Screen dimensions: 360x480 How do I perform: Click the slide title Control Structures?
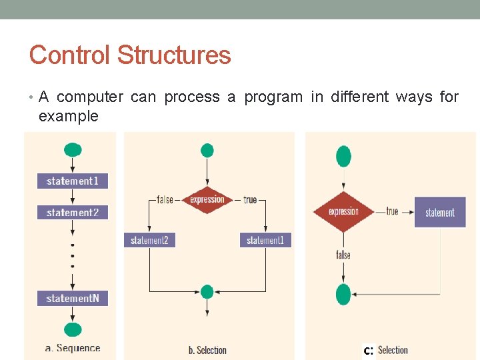[130, 55]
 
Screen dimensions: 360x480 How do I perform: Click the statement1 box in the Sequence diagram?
[72, 181]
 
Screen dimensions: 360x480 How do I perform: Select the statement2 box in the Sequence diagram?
[72, 213]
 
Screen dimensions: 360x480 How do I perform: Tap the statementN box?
[72, 299]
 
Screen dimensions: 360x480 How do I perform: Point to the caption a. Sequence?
[73, 348]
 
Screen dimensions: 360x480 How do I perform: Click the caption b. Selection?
[207, 350]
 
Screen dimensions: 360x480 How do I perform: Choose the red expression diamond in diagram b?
[207, 199]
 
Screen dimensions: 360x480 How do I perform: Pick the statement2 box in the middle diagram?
[149, 240]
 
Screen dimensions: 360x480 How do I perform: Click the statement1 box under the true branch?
[265, 240]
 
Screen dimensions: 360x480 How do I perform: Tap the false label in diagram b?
[165, 199]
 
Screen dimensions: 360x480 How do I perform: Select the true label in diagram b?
[250, 199]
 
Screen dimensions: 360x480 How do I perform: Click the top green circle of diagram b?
[207, 151]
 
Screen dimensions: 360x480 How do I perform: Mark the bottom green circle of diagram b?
[207, 292]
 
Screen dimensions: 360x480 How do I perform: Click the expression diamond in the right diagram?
[343, 212]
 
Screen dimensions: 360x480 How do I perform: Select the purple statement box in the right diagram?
[440, 213]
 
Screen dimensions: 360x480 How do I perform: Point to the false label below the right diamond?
[343, 255]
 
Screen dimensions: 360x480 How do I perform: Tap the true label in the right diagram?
[392, 211]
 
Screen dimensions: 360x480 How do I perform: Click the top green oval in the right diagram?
[343, 156]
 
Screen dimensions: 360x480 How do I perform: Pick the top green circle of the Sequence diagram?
[73, 149]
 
